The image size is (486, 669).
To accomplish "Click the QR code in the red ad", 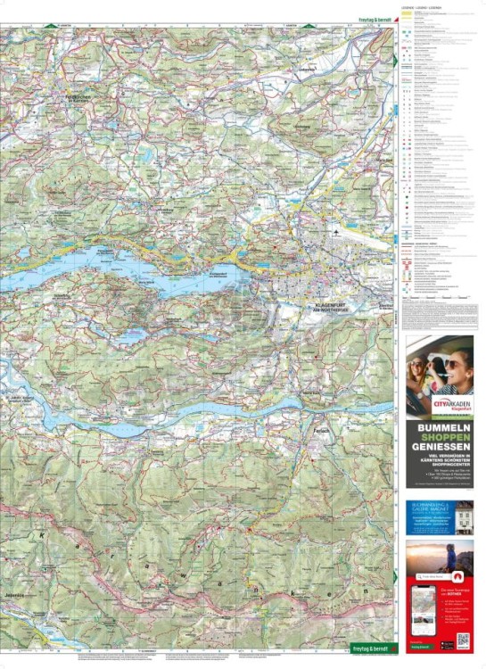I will pyautogui.click(x=462, y=640).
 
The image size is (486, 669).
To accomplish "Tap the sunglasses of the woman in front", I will pyautogui.click(x=453, y=365).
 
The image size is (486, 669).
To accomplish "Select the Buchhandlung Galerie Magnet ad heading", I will pyautogui.click(x=425, y=508).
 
